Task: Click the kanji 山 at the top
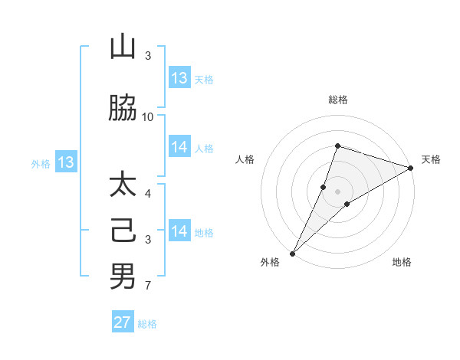(x=123, y=48)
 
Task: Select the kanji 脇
(x=123, y=109)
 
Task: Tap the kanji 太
(x=123, y=186)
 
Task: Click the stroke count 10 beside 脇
(x=148, y=116)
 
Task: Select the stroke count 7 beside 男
(x=148, y=286)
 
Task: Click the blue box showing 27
(x=123, y=322)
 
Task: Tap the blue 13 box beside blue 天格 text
(x=179, y=78)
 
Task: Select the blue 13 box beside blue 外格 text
(x=66, y=162)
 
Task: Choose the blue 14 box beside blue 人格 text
(x=179, y=147)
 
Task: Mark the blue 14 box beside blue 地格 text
(x=179, y=231)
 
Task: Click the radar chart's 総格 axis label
(x=338, y=100)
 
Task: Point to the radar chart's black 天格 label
(x=431, y=159)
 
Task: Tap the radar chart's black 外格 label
(x=270, y=262)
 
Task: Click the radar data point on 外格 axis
(x=292, y=253)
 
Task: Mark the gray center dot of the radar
(x=338, y=191)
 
